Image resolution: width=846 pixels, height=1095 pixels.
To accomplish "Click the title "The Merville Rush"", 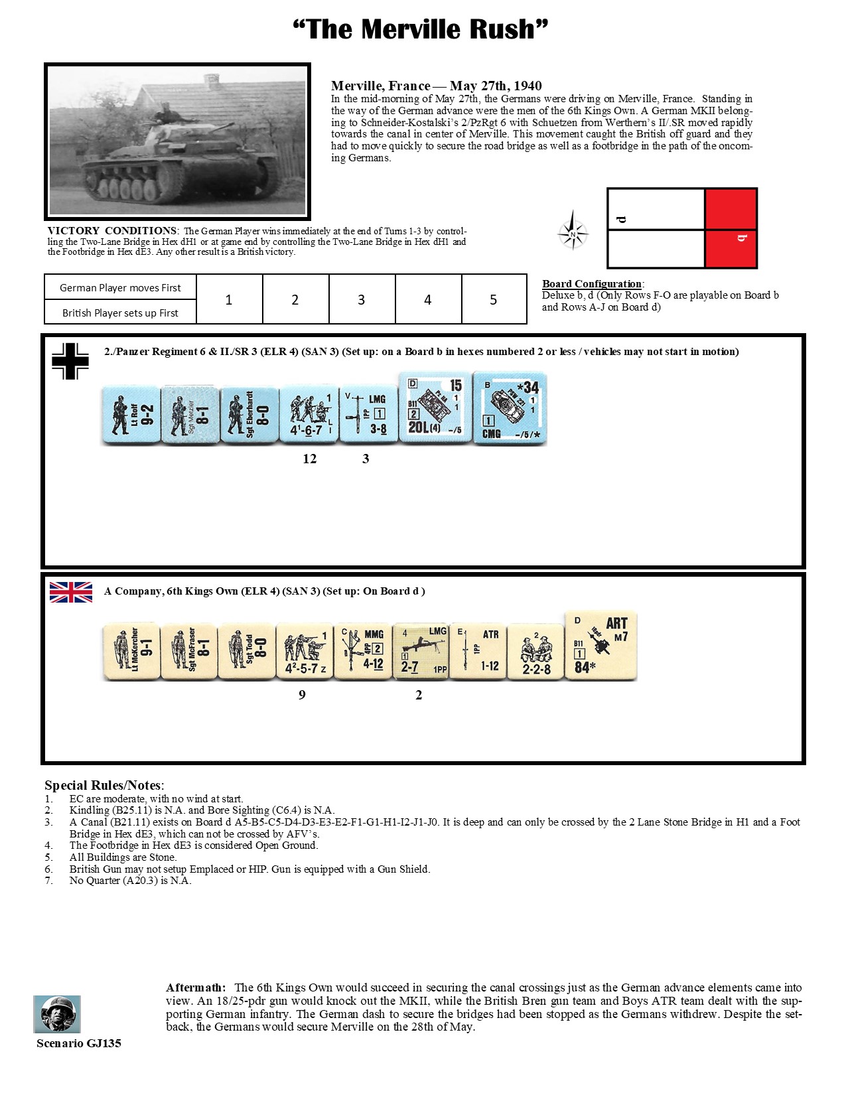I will pyautogui.click(x=421, y=29).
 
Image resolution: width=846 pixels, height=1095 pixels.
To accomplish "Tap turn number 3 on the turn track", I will pyautogui.click(x=361, y=300).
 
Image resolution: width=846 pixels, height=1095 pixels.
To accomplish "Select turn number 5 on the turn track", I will pyautogui.click(x=493, y=300).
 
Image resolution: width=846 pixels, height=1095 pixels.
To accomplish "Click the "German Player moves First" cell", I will pyautogui.click(x=120, y=287).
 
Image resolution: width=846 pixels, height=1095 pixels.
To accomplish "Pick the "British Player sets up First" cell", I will pyautogui.click(x=120, y=313).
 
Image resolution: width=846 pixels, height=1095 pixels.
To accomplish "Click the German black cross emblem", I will pyautogui.click(x=70, y=362).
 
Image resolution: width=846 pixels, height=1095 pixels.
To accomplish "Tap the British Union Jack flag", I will pyautogui.click(x=71, y=592).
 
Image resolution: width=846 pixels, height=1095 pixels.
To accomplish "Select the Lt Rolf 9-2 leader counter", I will pyautogui.click(x=131, y=415).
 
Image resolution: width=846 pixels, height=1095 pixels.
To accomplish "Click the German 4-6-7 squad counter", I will pyautogui.click(x=309, y=415).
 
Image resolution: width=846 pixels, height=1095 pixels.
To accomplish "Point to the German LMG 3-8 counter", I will pyautogui.click(x=366, y=415).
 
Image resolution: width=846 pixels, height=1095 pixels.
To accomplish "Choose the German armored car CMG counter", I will pyautogui.click(x=510, y=409).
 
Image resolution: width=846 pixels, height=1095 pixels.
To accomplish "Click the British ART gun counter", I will pyautogui.click(x=600, y=646).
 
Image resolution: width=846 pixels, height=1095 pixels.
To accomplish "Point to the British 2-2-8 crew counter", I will pyautogui.click(x=536, y=652).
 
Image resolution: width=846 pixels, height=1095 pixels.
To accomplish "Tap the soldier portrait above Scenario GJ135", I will pyautogui.click(x=57, y=1013).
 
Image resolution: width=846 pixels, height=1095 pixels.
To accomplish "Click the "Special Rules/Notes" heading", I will pyautogui.click(x=104, y=786).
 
